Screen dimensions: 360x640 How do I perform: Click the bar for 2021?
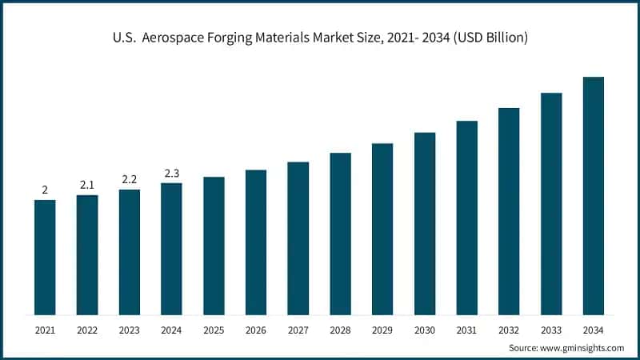point(45,257)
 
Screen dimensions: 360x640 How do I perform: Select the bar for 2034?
point(593,196)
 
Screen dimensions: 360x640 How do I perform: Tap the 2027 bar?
point(298,238)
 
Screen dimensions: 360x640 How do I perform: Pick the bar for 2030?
point(425,223)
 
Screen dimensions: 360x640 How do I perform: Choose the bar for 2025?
point(214,246)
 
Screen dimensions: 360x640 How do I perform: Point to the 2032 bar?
point(509,211)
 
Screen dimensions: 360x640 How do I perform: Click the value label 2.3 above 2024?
point(171,173)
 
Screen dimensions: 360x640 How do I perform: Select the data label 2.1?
point(87,185)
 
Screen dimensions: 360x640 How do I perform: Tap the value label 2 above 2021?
point(45,190)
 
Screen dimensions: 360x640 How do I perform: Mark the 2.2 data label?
point(130,179)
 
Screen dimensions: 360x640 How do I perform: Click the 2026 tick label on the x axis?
point(256,330)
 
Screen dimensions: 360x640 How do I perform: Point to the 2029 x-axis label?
point(382,330)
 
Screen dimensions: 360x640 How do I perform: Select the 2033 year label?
point(551,330)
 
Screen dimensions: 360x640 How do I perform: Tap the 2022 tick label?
point(87,330)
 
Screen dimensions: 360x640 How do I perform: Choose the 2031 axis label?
point(467,330)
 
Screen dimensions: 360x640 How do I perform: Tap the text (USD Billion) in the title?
point(488,38)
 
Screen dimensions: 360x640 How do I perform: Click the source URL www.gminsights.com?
point(582,348)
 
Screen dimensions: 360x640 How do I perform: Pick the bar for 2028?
point(341,234)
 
